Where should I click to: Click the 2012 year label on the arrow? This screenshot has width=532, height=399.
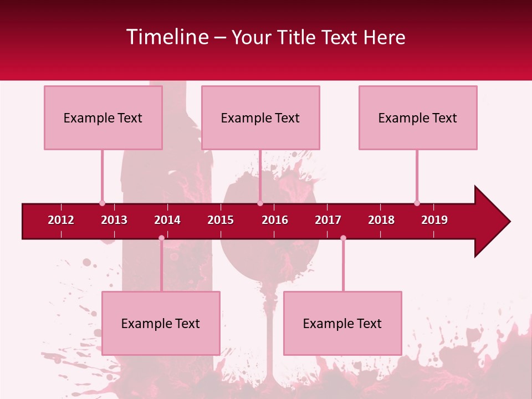[61, 220]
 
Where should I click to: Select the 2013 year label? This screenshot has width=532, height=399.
[114, 220]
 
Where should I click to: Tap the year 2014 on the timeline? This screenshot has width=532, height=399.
[167, 220]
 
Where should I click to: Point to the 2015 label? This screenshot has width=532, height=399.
[221, 220]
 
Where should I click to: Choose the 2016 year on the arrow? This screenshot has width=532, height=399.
[275, 220]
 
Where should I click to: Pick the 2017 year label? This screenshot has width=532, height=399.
[328, 220]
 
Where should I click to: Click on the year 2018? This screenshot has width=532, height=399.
[381, 220]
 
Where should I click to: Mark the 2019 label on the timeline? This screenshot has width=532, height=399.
[434, 220]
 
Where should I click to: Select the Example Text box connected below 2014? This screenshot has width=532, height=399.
[161, 323]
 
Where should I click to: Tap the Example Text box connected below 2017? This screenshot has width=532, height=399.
[342, 323]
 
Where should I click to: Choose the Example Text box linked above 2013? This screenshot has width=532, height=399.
[103, 117]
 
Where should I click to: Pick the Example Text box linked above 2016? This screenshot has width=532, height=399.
[260, 117]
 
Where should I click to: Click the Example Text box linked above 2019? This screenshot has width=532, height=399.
[418, 117]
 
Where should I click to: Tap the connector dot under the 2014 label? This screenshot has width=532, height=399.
[161, 238]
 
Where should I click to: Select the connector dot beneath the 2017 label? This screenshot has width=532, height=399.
[343, 238]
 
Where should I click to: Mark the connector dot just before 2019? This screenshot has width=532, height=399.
[417, 203]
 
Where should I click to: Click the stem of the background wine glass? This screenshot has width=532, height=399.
[270, 338]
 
